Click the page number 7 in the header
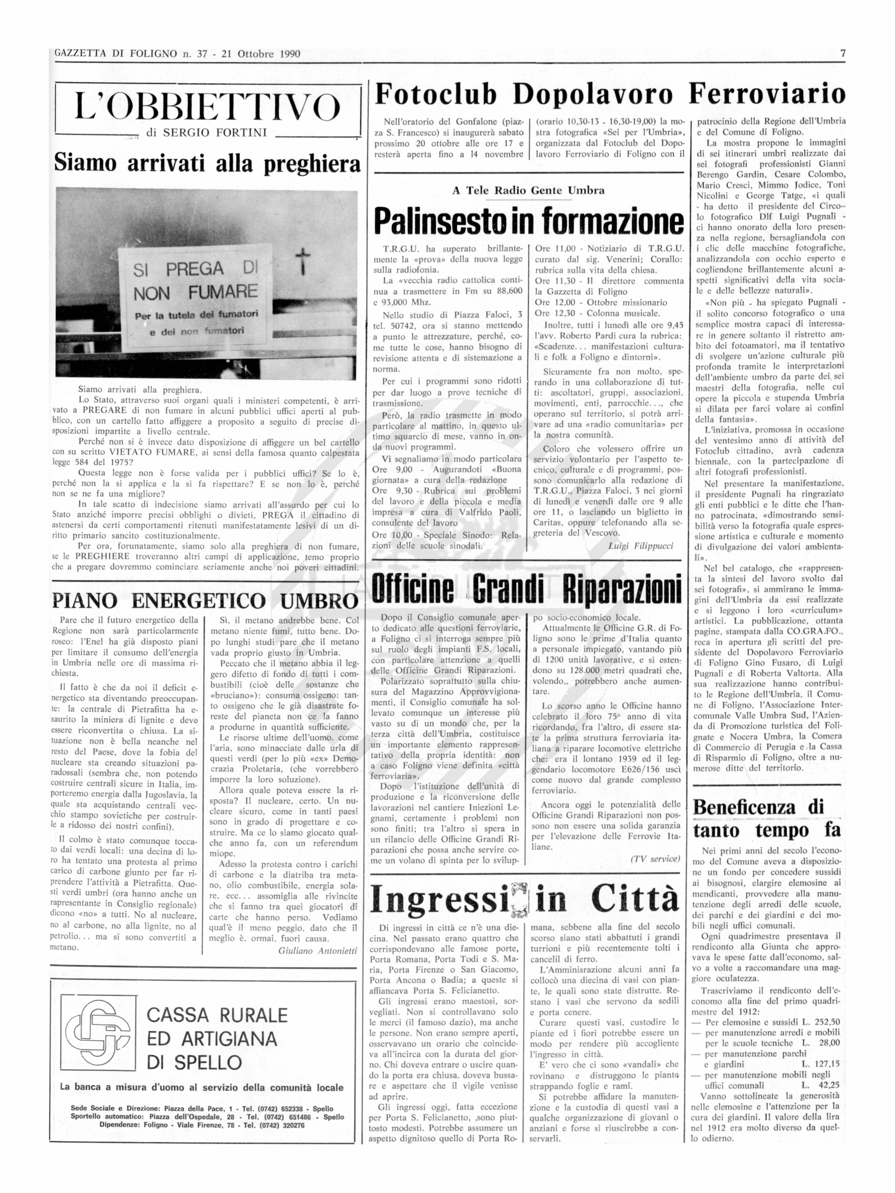pos(842,53)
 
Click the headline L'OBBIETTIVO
pos(207,107)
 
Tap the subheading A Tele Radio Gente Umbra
pos(528,190)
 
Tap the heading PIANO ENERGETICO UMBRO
pos(205,601)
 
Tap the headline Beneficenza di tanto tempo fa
pos(766,818)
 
